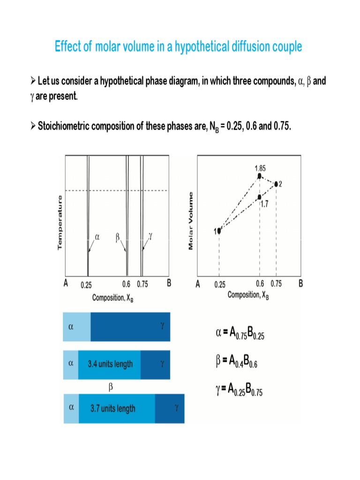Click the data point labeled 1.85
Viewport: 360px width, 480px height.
[260, 176]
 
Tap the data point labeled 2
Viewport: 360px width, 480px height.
[276, 184]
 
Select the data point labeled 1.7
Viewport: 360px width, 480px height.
[260, 197]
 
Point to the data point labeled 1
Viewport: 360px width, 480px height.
[219, 231]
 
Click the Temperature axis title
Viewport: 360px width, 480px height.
[60, 223]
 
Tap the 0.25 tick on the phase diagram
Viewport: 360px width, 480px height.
[86, 285]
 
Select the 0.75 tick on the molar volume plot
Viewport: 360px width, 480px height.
[277, 284]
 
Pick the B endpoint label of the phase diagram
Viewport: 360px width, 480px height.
[169, 284]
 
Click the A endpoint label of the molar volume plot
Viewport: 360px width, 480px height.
[198, 284]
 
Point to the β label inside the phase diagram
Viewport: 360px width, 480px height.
[118, 237]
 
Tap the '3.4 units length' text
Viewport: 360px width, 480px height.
[110, 364]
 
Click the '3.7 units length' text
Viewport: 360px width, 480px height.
[113, 409]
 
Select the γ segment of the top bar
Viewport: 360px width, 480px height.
[130, 327]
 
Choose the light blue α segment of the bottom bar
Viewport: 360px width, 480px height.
[71, 408]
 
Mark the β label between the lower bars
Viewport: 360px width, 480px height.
[111, 388]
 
